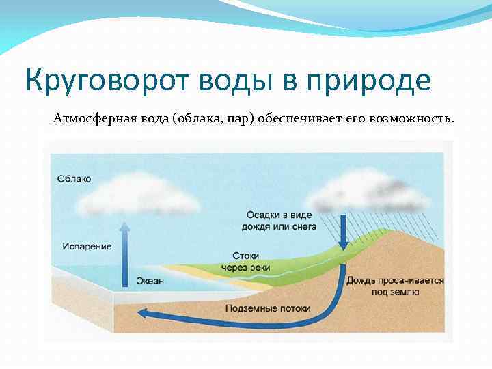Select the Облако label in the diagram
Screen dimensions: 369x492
click(73, 179)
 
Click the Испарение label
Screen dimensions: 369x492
click(86, 246)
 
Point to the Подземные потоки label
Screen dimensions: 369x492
click(267, 308)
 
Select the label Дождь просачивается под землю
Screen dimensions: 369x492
click(396, 286)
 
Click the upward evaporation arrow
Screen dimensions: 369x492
click(124, 253)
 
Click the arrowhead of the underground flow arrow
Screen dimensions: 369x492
click(143, 314)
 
